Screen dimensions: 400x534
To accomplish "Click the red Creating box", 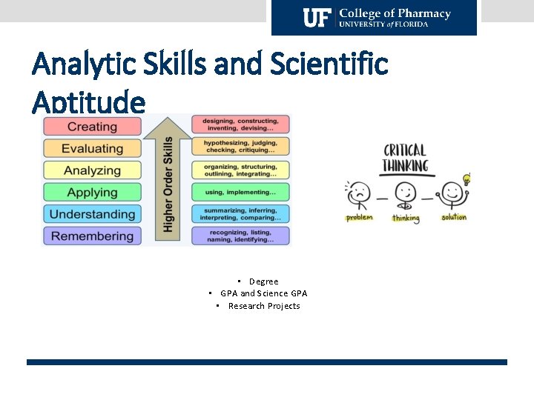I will click(92, 127).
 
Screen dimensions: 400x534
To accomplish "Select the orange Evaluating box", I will click(92, 149).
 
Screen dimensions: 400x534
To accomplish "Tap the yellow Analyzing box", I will click(92, 170).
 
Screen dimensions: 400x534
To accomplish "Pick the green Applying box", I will click(92, 193).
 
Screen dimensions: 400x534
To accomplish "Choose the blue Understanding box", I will click(92, 214).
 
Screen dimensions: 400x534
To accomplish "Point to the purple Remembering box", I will click(92, 236).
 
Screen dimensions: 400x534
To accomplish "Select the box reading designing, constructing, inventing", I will click(240, 124).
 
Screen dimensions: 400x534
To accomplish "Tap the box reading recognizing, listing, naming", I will click(240, 236).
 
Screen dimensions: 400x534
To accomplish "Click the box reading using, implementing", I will click(240, 191).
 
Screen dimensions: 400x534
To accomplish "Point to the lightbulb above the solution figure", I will click(467, 179).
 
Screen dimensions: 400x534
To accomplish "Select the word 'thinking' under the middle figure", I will click(406, 219).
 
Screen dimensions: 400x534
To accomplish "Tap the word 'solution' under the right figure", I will click(454, 218).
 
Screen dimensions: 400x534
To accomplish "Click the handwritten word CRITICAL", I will click(404, 150).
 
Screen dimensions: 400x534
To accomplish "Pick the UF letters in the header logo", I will click(317, 18).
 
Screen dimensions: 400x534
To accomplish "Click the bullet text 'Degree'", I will click(263, 281).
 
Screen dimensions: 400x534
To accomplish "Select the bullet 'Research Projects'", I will click(264, 306).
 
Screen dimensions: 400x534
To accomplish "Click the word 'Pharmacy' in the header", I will click(423, 13).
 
